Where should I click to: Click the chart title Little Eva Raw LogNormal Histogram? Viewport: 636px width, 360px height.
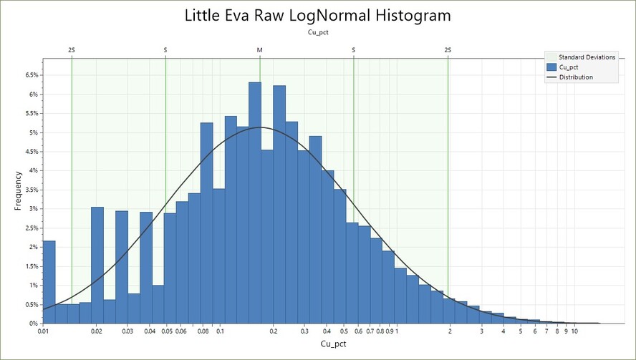click(317, 15)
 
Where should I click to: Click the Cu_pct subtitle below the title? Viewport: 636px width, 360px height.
click(317, 32)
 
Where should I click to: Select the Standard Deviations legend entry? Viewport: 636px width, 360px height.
click(587, 57)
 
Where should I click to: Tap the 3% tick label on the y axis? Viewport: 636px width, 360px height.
click(32, 209)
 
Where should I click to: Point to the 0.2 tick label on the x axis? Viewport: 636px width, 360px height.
click(273, 332)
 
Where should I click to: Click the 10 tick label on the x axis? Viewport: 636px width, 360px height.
click(574, 332)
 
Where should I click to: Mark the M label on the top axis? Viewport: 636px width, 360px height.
click(260, 50)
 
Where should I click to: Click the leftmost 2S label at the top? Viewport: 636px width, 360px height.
click(72, 50)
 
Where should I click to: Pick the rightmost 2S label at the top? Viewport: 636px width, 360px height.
click(448, 50)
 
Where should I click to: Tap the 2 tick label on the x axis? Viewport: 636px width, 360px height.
click(450, 332)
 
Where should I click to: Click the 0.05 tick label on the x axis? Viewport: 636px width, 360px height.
click(167, 332)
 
